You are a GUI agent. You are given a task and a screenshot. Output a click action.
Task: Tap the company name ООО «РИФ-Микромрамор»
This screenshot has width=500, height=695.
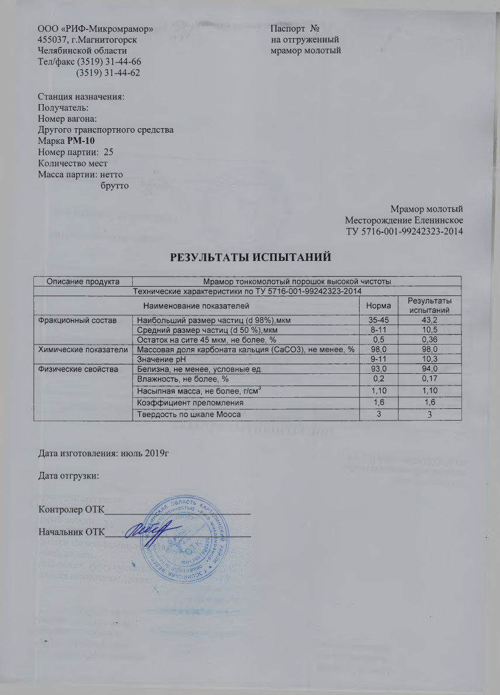point(96,28)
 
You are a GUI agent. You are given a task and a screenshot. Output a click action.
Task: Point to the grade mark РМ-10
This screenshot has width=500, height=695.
point(80,142)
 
